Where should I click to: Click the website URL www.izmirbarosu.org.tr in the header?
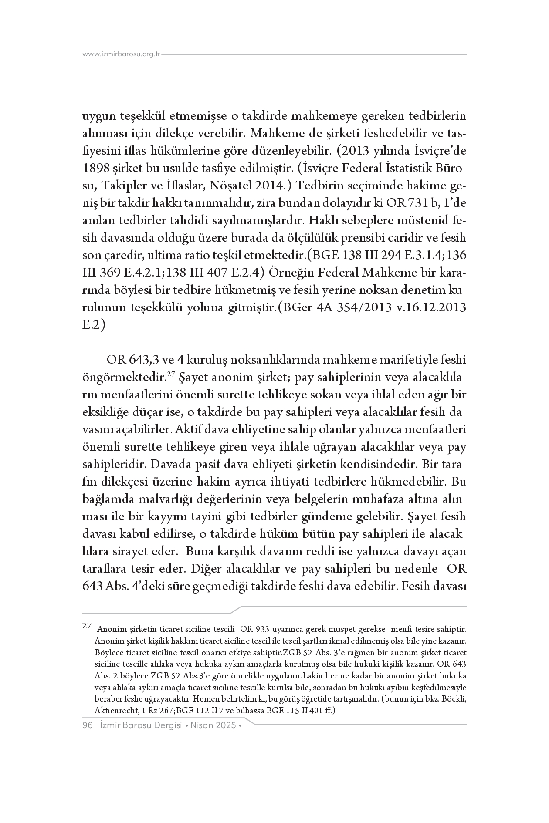pyautogui.click(x=122, y=54)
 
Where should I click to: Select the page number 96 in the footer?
pyautogui.click(x=88, y=725)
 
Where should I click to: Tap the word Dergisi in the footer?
pyautogui.click(x=165, y=725)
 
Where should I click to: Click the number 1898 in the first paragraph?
pyautogui.click(x=95, y=169)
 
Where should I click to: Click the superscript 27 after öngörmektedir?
pyautogui.click(x=171, y=374)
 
